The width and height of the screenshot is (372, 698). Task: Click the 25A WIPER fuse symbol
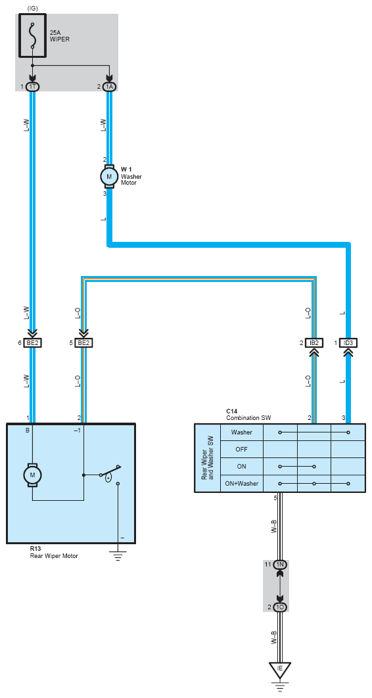(32, 35)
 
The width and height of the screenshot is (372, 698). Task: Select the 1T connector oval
(32, 86)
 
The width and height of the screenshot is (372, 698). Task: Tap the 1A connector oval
(110, 86)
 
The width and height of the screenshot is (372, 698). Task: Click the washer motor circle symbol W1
(109, 176)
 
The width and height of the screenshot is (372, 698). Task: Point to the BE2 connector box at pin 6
(33, 343)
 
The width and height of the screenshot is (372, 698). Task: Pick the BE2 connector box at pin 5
(83, 343)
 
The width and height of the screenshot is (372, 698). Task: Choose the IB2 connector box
(314, 343)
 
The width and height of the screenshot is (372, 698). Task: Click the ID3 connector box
(348, 343)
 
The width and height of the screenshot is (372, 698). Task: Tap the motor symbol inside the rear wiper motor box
(32, 475)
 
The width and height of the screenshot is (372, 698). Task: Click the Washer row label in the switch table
(242, 432)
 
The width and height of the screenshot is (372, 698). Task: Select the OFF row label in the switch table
(242, 449)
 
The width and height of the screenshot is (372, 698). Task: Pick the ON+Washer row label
(242, 483)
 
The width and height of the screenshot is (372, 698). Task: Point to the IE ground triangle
(280, 670)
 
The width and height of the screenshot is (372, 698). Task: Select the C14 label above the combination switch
(231, 411)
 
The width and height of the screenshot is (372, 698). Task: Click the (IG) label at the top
(32, 9)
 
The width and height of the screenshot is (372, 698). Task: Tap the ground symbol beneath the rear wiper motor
(118, 555)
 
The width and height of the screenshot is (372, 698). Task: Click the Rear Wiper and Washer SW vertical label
(207, 457)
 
